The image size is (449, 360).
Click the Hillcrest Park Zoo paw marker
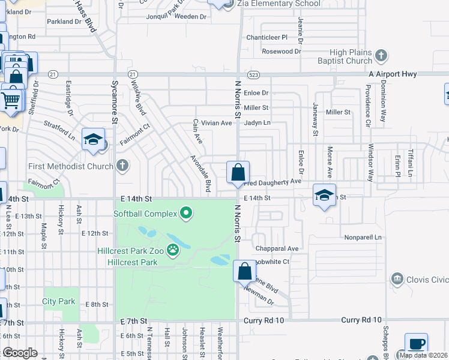click(x=173, y=250)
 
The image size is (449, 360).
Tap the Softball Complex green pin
click(x=186, y=213)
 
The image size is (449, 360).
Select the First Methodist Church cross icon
click(x=122, y=165)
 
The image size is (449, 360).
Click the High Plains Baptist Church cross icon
click(x=381, y=56)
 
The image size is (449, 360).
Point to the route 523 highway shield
click(x=253, y=74)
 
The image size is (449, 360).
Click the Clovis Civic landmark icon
click(x=396, y=279)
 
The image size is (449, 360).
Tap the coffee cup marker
click(x=416, y=344)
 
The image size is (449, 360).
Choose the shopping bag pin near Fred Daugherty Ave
click(x=238, y=172)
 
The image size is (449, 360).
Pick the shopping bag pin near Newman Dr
click(x=244, y=271)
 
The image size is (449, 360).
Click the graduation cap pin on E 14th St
click(x=324, y=196)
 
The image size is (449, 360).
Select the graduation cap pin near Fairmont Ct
click(x=94, y=140)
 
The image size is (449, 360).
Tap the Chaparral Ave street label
click(x=277, y=248)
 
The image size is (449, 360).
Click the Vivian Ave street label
click(x=216, y=123)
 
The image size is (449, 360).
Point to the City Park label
click(x=59, y=301)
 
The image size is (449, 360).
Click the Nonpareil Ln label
click(x=363, y=237)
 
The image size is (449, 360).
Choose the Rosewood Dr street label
click(x=277, y=52)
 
